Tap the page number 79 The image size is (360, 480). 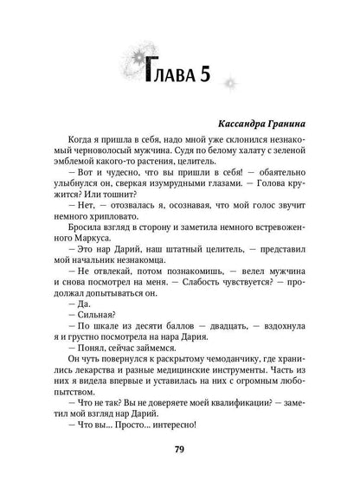click(x=179, y=449)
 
